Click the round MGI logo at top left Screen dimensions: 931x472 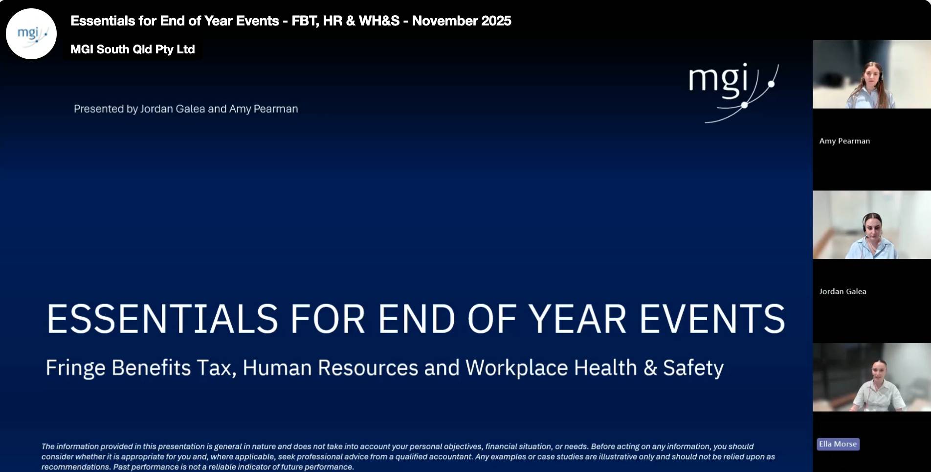(x=31, y=34)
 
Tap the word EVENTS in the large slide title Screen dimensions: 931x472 (x=712, y=319)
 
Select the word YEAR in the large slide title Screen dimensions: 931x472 (x=577, y=319)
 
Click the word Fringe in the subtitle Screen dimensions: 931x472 (x=75, y=368)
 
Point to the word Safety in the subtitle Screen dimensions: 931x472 (x=693, y=368)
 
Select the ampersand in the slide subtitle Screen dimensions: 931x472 (x=650, y=368)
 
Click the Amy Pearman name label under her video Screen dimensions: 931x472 (x=844, y=141)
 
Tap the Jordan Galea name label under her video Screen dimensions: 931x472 (x=842, y=291)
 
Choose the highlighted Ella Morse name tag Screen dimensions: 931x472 (x=838, y=444)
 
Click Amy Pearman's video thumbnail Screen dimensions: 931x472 (x=872, y=74)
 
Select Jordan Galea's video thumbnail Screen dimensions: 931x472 (x=872, y=225)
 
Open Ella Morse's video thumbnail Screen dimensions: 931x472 (x=872, y=377)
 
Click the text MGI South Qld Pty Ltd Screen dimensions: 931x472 (x=133, y=49)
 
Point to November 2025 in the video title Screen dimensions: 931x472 (x=462, y=21)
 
